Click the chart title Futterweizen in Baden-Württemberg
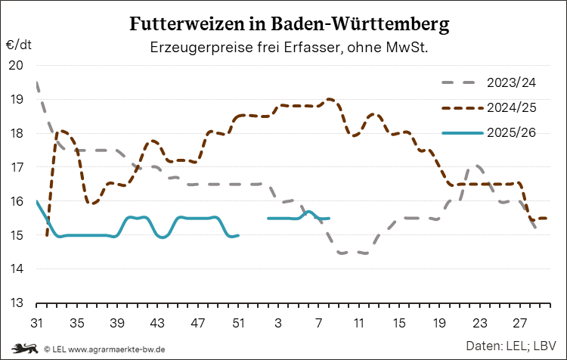290,24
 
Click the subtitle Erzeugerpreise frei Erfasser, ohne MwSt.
290,47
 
